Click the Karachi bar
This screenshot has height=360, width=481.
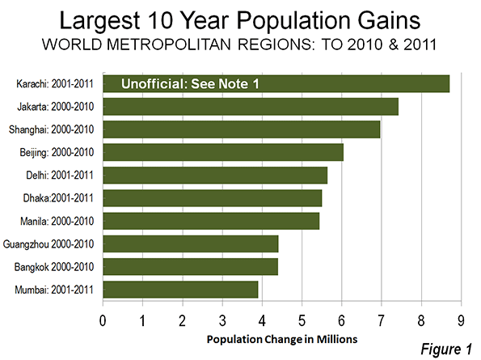276,83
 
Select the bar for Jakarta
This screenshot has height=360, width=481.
251,107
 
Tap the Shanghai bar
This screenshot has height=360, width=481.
242,129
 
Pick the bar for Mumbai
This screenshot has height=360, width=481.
180,290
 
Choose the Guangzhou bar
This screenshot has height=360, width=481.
191,244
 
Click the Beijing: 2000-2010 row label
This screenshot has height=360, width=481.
57,153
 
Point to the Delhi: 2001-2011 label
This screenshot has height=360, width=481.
60,176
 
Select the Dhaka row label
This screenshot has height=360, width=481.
58,198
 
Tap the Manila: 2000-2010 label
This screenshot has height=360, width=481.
57,221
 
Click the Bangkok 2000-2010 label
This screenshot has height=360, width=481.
54,267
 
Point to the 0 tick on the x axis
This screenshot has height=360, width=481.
103,320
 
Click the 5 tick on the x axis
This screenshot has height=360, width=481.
302,320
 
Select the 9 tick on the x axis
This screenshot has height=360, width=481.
461,320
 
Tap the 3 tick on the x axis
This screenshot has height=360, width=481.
222,320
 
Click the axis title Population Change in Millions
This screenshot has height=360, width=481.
282,340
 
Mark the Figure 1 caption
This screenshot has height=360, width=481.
446,349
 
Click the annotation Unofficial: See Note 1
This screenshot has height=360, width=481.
190,84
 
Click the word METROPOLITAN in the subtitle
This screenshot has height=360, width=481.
169,44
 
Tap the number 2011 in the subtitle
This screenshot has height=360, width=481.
420,44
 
